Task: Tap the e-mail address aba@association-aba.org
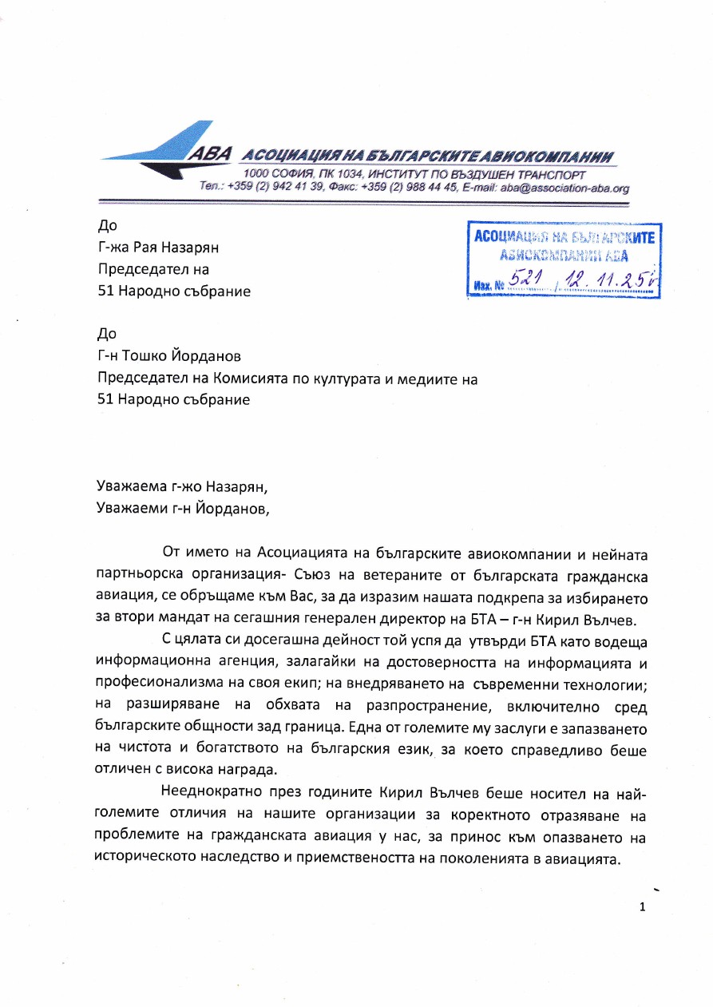(564, 188)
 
